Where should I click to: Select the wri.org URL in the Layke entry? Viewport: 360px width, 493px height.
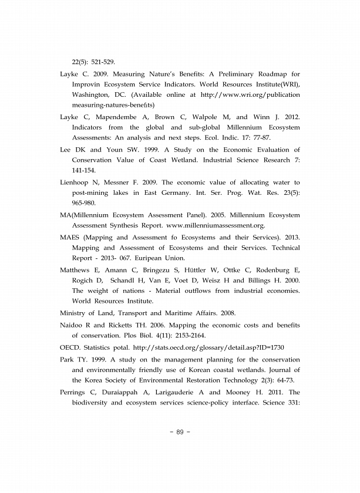click(250, 94)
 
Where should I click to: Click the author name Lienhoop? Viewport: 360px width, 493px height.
click(78, 183)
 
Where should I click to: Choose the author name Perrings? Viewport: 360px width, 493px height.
click(76, 391)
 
